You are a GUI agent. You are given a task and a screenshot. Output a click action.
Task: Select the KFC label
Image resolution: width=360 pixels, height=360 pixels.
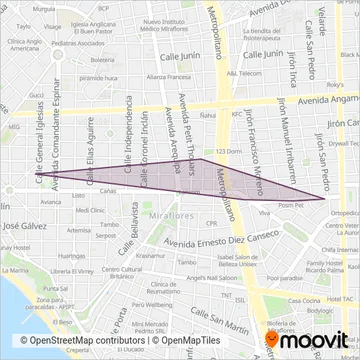(236, 114)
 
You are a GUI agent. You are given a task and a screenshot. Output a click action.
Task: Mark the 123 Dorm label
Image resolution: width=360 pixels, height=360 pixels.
(229, 150)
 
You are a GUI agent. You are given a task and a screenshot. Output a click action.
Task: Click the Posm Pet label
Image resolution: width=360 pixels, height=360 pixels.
(291, 204)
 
